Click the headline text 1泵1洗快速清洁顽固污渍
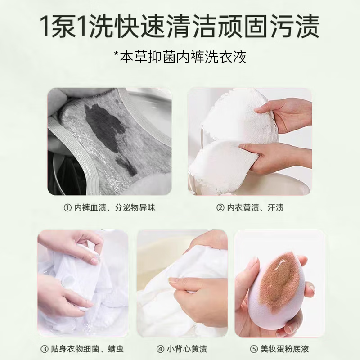180,26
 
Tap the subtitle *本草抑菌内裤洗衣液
180,58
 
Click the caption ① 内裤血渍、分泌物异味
110,208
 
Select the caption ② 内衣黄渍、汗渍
250,208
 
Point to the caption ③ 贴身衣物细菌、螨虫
83,349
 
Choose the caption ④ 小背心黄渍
182,349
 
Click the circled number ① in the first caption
67,208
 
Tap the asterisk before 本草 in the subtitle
116,57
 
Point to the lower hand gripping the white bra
270,155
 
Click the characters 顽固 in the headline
249,26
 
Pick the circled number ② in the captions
220,208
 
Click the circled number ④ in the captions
160,349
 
